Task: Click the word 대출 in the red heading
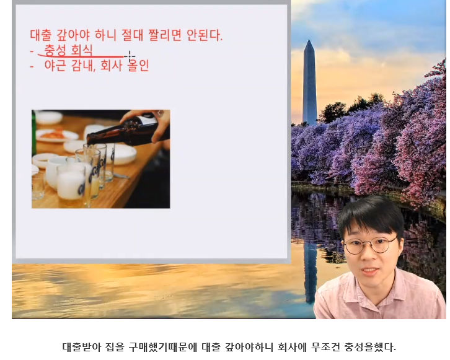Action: coord(41,35)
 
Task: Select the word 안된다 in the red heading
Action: coord(205,35)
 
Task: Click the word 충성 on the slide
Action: coord(55,50)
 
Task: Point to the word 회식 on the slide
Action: coord(82,50)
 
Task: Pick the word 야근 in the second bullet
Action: coord(55,66)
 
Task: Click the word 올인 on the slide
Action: coord(138,66)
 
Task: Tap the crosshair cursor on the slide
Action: coord(130,56)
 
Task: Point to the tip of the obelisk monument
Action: coord(309,40)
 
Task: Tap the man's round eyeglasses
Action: coord(370,245)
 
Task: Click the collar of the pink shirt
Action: coord(373,290)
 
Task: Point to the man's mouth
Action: coord(370,271)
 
